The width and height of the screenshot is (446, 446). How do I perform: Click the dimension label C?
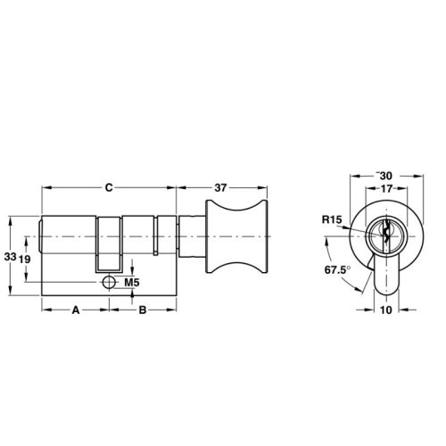109,187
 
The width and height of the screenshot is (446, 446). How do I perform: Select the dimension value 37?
224,187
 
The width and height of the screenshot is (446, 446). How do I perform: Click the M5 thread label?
130,283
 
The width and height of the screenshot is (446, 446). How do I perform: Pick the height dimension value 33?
11,256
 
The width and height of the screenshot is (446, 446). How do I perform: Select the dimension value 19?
26,259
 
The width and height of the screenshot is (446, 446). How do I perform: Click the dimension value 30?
387,176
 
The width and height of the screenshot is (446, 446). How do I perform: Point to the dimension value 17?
387,188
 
